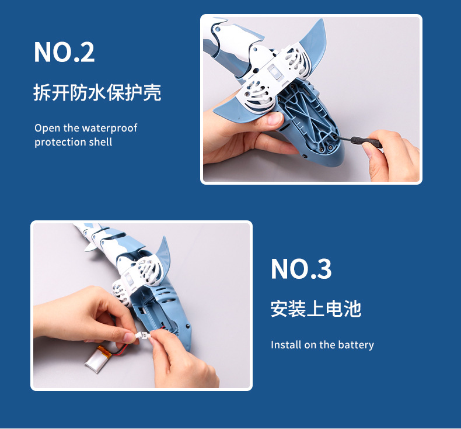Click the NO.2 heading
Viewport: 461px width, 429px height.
(64, 52)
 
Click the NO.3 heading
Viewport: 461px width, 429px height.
(301, 268)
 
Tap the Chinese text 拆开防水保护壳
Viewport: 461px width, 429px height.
(97, 93)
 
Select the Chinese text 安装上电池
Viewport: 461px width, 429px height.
(316, 309)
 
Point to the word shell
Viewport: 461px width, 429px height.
(100, 142)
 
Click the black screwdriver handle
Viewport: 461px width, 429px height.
(366, 142)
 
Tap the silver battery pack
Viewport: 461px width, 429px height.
(97, 360)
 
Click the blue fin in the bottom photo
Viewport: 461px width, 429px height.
(163, 254)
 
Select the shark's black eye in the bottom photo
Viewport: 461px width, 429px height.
(187, 326)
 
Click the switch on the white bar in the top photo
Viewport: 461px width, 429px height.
(275, 72)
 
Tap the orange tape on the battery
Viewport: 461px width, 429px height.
(104, 351)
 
